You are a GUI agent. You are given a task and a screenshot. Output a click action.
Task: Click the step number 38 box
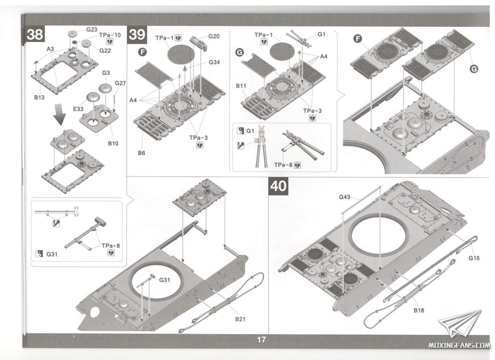tap(35, 35)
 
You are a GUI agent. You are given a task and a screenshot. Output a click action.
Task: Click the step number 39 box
tap(137, 35)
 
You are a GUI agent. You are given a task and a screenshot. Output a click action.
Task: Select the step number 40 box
tap(278, 186)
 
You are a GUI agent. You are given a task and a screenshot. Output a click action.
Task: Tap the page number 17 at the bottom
tap(261, 340)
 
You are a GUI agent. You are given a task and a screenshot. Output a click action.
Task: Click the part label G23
tap(92, 29)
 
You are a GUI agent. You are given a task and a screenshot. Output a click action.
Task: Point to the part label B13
tap(40, 98)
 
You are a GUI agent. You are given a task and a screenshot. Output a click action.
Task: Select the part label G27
tap(120, 83)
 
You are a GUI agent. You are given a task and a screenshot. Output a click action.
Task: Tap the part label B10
tap(113, 143)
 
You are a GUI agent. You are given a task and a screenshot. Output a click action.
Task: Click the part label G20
tap(214, 36)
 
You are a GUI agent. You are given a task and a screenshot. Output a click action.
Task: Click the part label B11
tap(241, 86)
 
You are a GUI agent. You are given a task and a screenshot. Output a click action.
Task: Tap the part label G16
tap(474, 258)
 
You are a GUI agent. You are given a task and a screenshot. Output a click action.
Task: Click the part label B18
tap(419, 310)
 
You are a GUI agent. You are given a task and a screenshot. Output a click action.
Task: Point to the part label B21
tap(241, 319)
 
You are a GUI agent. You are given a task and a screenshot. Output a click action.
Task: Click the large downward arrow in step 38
tap(59, 114)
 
